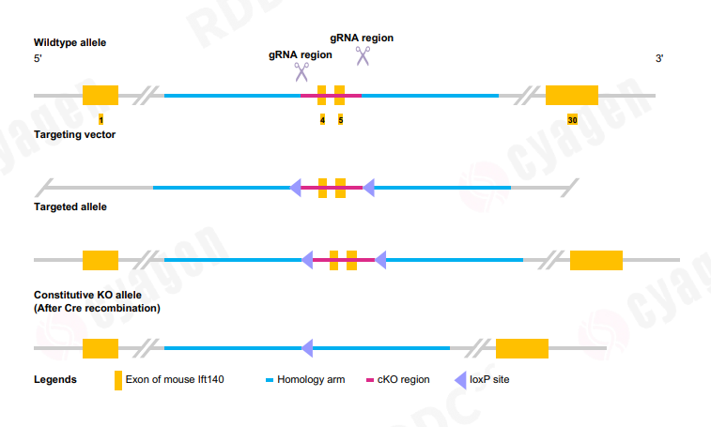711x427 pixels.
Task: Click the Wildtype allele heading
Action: pos(70,43)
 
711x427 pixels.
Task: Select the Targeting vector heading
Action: pos(74,135)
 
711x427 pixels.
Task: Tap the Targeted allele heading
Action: pos(70,206)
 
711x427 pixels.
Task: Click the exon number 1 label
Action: pos(100,120)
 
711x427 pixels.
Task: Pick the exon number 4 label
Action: pos(322,120)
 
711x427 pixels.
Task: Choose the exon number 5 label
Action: pos(340,120)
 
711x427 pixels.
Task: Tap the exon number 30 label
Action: pos(572,120)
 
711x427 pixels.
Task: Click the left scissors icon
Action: pos(301,72)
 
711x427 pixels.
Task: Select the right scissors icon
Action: pos(363,55)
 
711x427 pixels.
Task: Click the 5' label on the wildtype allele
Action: pos(38,59)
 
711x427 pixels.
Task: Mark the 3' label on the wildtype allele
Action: pos(659,59)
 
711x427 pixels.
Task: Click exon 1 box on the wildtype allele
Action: pos(100,95)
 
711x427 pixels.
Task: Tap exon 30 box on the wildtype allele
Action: pos(572,95)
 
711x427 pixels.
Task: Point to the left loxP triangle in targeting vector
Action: pos(295,188)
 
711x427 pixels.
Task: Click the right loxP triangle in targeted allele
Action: pos(380,259)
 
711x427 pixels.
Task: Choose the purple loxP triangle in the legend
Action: pos(461,380)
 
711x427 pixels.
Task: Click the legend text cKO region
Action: pos(403,380)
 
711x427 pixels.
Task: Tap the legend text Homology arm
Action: pos(311,380)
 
